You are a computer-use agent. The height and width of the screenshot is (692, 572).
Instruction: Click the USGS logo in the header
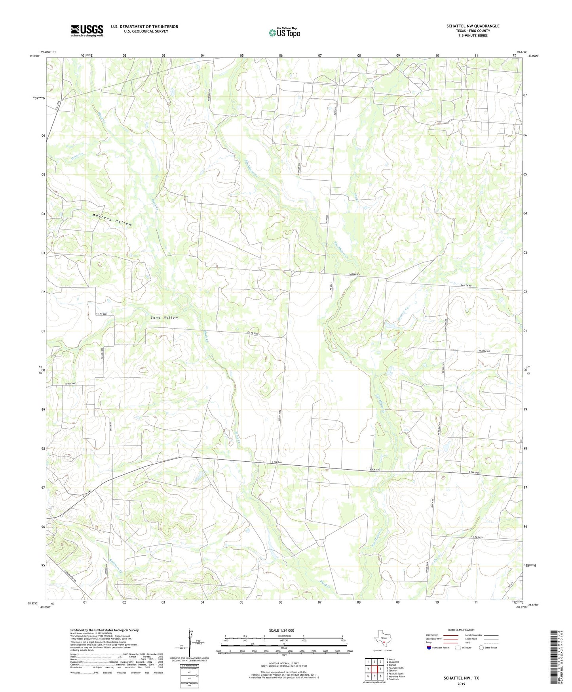tap(87, 31)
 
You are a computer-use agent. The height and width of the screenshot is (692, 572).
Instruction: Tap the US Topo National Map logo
tap(284, 32)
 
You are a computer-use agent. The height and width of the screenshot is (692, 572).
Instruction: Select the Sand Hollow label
tap(165, 317)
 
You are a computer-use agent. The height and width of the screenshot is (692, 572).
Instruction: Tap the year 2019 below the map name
tap(461, 684)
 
